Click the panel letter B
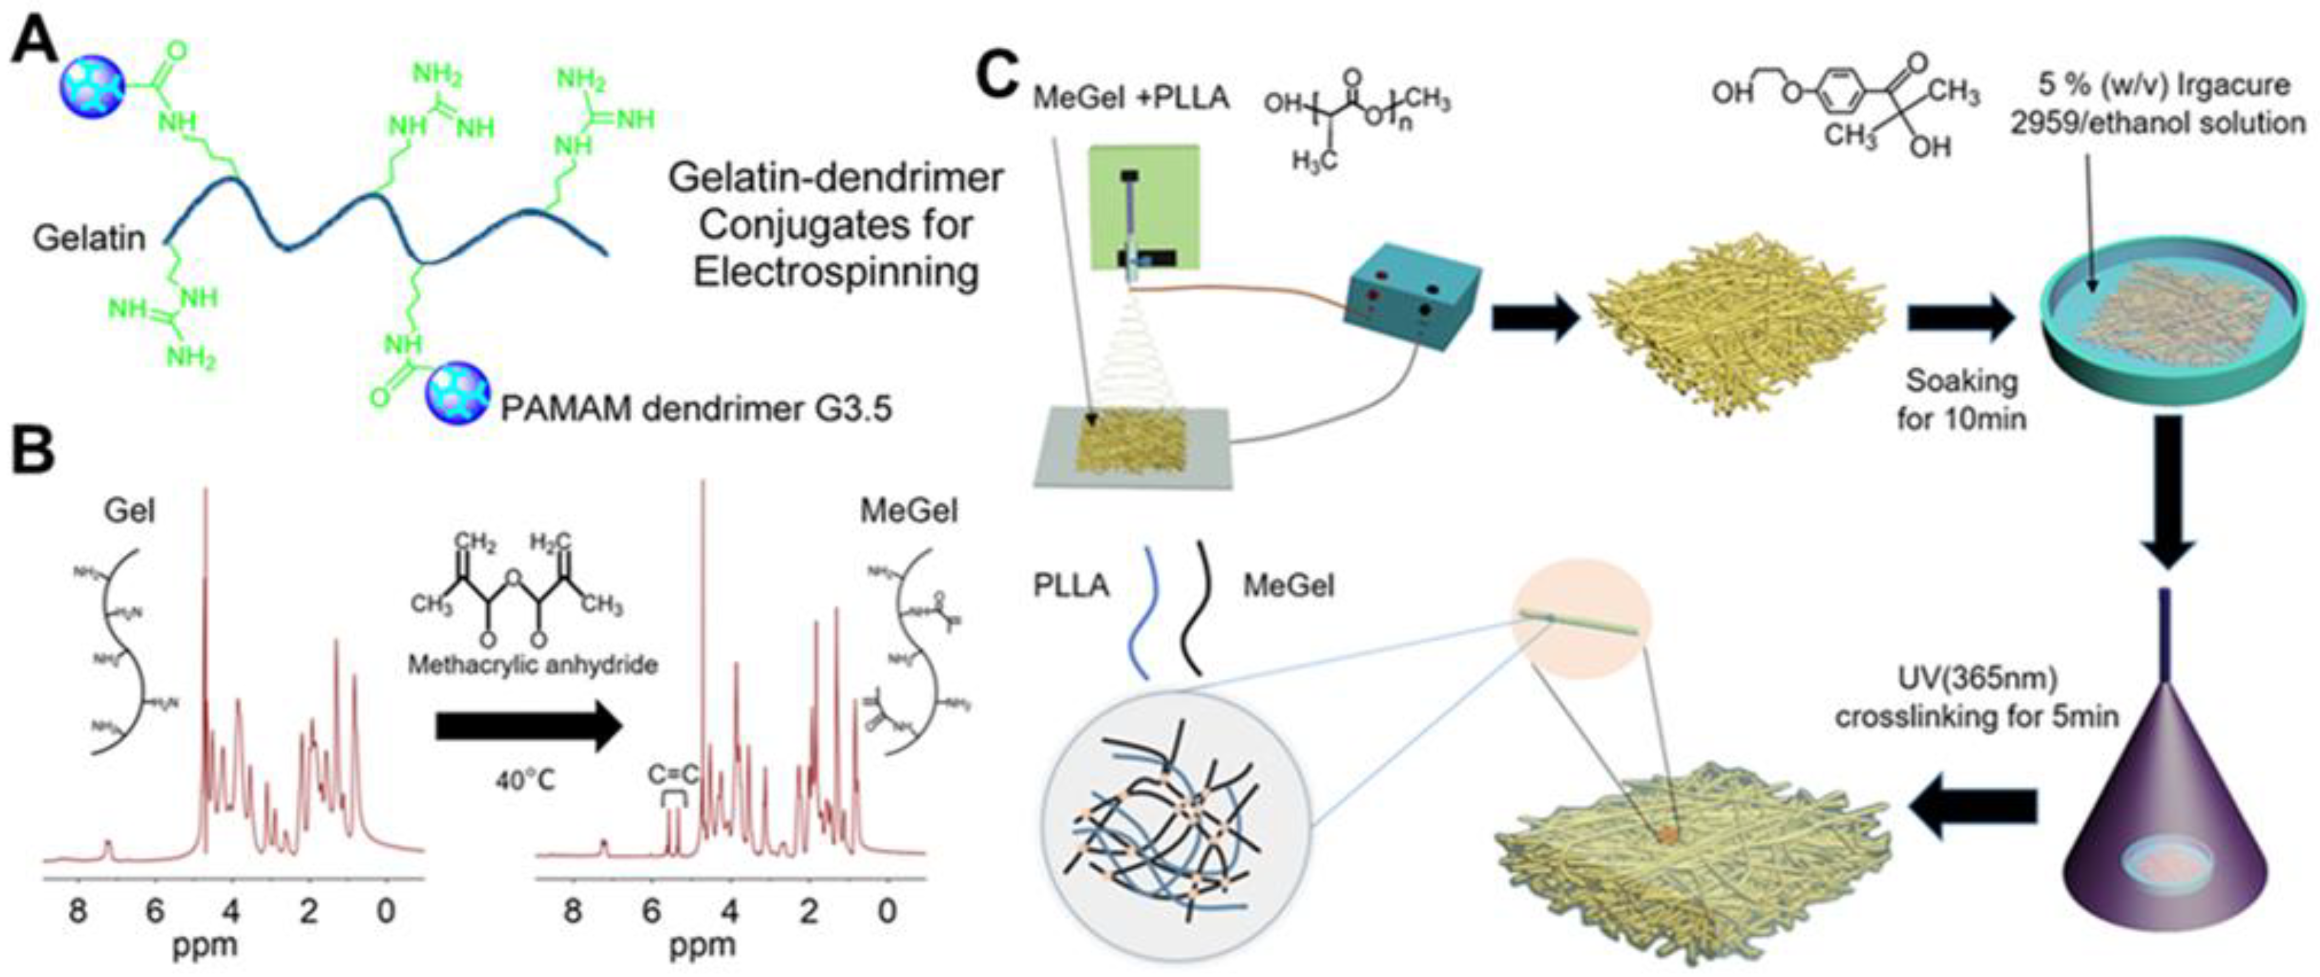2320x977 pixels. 34,450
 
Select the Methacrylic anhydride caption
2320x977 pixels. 533,664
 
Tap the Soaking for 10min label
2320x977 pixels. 1961,400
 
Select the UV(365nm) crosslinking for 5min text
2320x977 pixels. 1976,698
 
